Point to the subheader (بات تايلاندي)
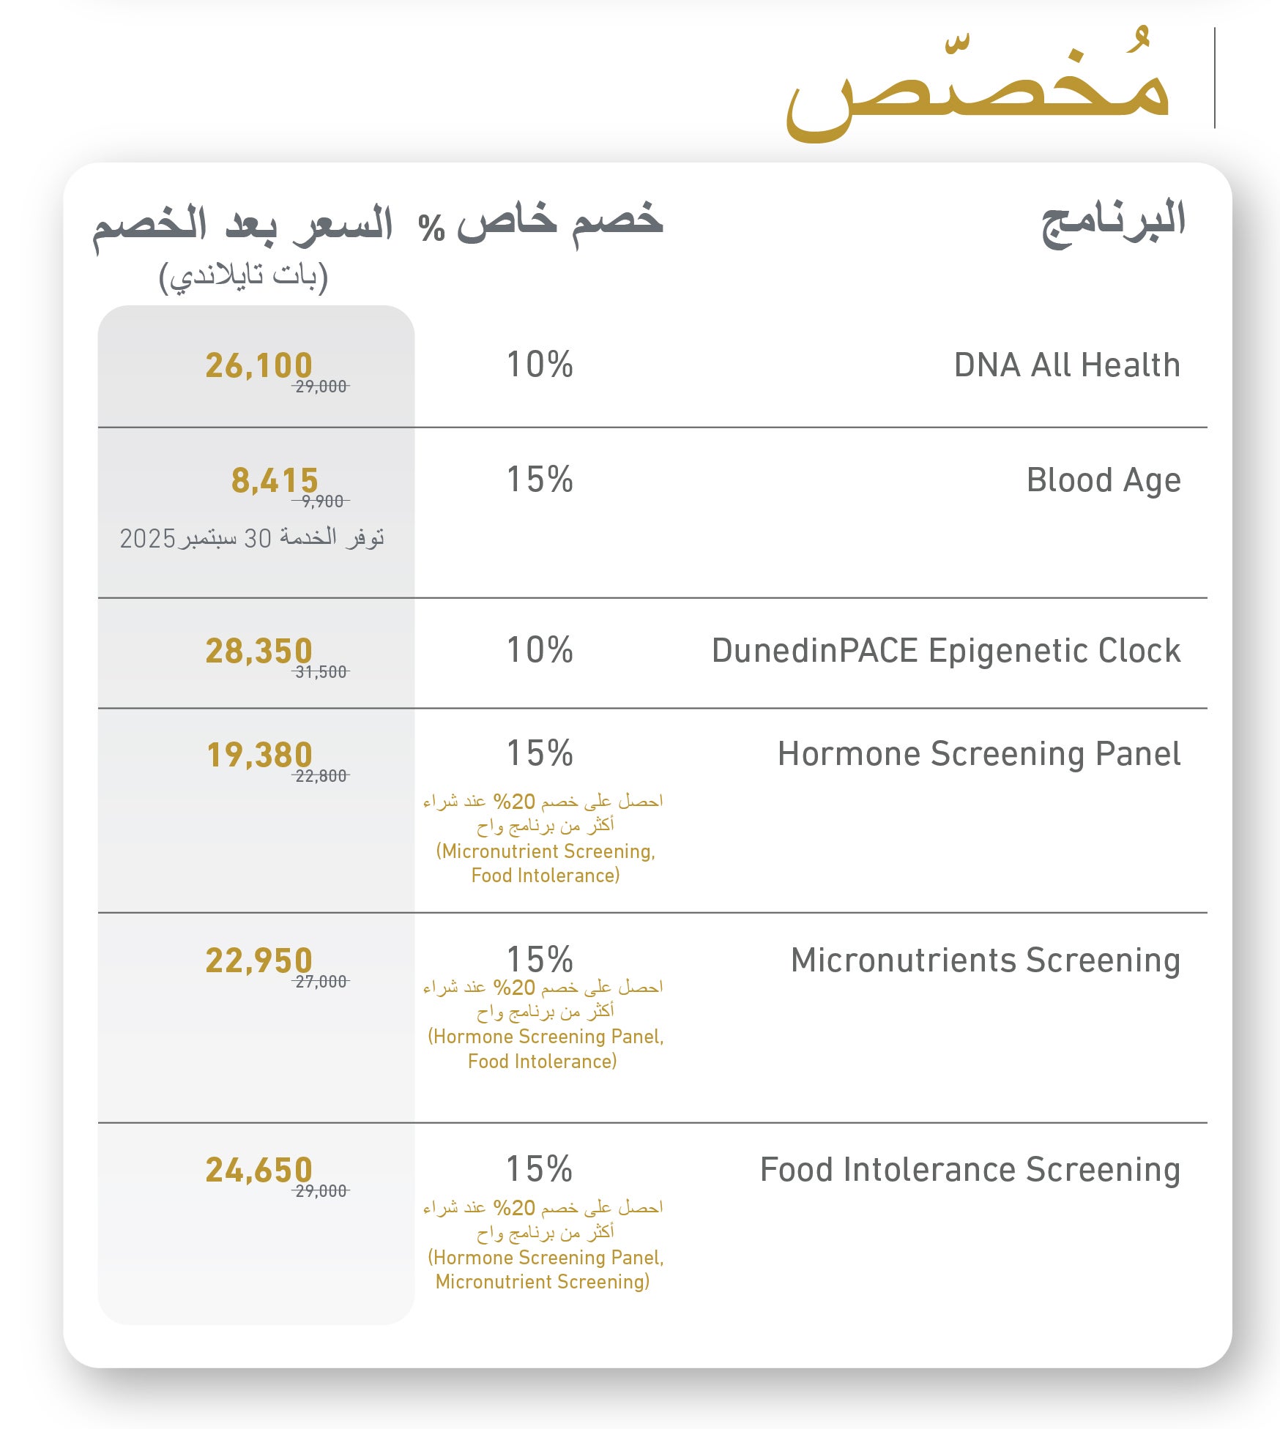(x=243, y=276)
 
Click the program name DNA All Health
(x=1066, y=365)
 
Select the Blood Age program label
(x=1103, y=480)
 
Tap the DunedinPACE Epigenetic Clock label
(x=945, y=651)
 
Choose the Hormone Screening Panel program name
(x=978, y=754)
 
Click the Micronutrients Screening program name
(x=985, y=960)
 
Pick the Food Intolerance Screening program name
(x=970, y=1170)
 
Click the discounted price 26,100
(x=258, y=365)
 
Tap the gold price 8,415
(x=275, y=481)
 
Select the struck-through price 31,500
(x=321, y=672)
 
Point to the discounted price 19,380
(x=259, y=755)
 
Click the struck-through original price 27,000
(x=321, y=982)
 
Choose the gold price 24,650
(x=258, y=1170)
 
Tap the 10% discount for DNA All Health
(x=540, y=365)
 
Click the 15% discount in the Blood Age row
(x=540, y=480)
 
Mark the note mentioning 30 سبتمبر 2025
(x=252, y=539)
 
